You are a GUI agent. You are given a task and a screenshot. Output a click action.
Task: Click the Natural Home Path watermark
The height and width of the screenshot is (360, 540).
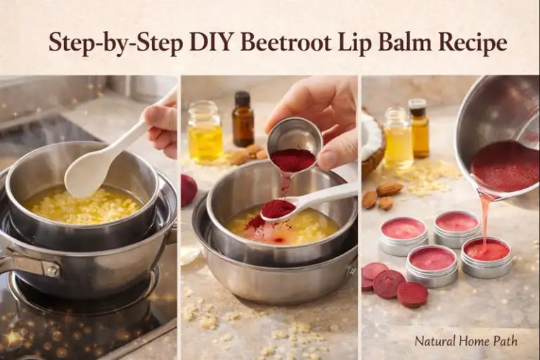[x=465, y=341]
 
